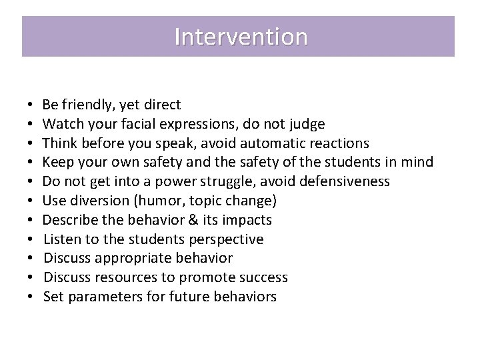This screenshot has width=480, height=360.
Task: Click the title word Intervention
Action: coord(241,37)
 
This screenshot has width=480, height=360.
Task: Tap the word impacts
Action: coord(249,220)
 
